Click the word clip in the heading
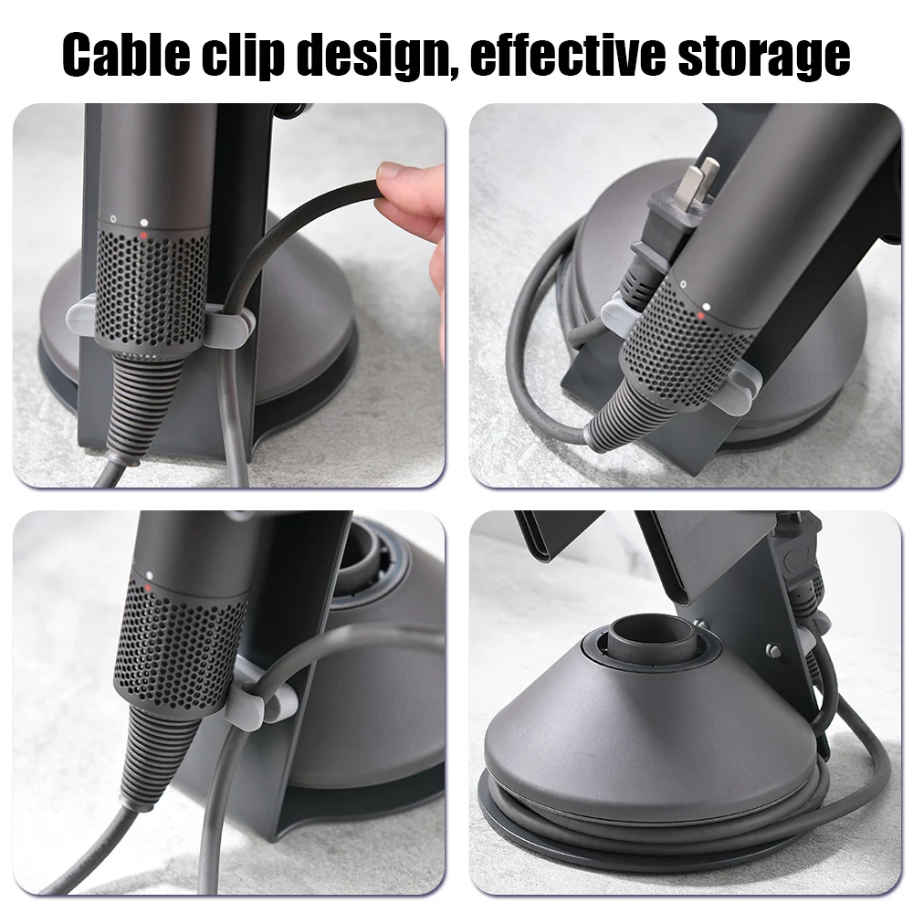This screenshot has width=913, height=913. [x=243, y=55]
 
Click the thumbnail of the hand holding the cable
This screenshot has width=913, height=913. [x=229, y=295]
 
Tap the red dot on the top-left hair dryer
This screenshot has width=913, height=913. [x=144, y=234]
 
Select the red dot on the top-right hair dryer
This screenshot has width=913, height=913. [x=701, y=316]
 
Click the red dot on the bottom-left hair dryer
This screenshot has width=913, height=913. [x=149, y=588]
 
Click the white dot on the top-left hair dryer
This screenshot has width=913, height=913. [x=144, y=223]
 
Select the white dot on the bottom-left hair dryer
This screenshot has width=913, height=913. [x=150, y=575]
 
